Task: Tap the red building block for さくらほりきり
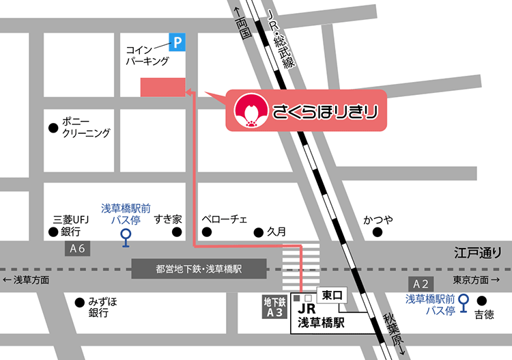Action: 162,87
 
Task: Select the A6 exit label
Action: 76,249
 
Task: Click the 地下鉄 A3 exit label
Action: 274,307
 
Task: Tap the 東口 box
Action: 335,296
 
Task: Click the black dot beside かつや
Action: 378,232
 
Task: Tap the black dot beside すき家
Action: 177,232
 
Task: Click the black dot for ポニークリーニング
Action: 53,127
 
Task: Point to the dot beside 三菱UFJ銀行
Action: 53,232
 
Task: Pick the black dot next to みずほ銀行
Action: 79,301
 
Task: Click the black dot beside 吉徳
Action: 481,301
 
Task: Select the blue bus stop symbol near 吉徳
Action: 464,301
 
